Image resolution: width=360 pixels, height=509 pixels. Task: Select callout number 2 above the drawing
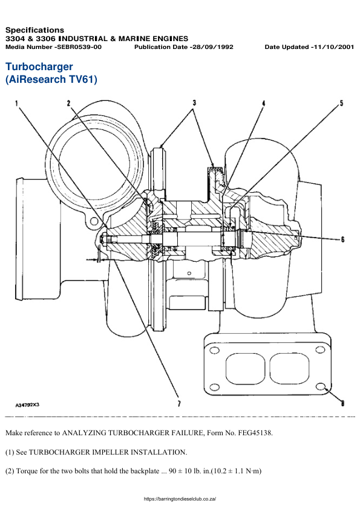coord(69,103)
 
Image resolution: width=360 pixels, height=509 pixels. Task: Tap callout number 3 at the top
coord(194,103)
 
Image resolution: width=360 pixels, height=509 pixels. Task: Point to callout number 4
coord(263,103)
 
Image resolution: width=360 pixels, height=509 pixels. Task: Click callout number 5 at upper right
coord(341,103)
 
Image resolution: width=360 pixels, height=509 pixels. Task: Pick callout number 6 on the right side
coord(342,239)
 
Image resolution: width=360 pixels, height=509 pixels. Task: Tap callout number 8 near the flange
coord(342,403)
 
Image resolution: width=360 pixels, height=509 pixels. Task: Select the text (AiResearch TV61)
coord(51,79)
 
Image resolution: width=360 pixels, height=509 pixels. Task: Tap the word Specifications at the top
coord(34,30)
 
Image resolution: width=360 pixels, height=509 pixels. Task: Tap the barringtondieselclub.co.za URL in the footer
coord(180,499)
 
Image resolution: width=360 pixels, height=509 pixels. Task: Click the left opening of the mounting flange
coord(244,368)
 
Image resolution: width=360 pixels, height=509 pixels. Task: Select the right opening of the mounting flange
coord(288,368)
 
